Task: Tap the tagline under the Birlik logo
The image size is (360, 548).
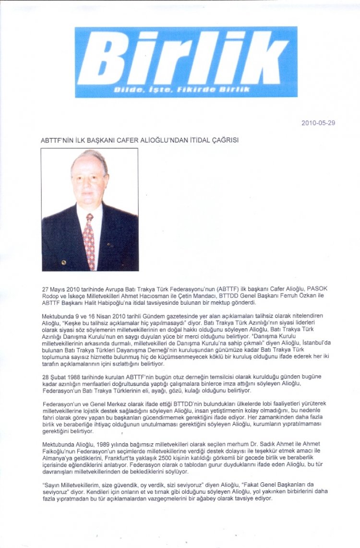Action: point(182,90)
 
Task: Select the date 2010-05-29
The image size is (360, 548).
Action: point(318,123)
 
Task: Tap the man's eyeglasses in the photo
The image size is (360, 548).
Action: point(90,177)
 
